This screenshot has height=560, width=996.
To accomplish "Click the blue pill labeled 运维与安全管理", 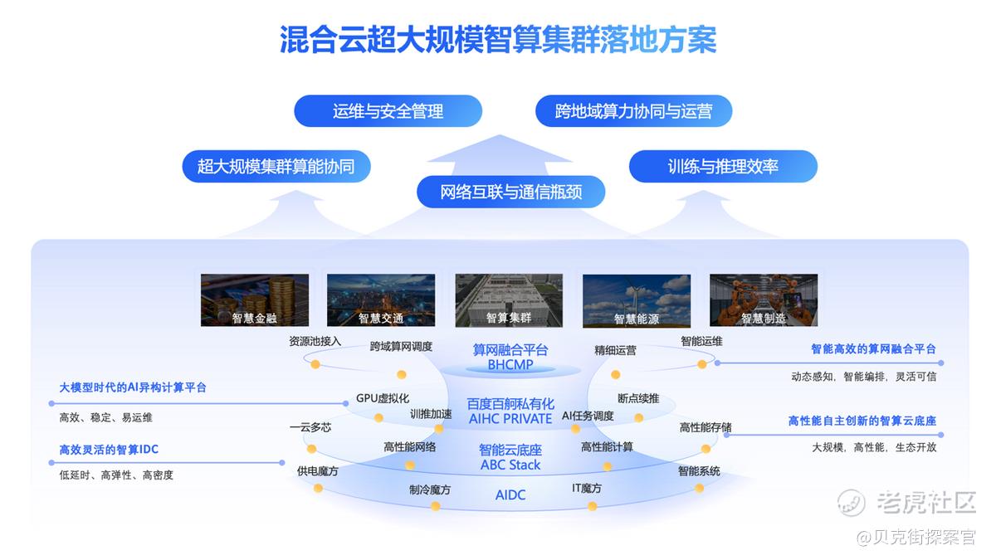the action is [x=388, y=111].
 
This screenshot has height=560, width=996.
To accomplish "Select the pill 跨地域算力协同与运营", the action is [x=633, y=111].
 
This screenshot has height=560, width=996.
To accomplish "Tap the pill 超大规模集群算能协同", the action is [x=276, y=167].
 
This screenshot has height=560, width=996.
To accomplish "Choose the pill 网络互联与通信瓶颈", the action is [x=511, y=192].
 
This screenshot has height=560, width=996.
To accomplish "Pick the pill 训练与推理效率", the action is [x=723, y=167].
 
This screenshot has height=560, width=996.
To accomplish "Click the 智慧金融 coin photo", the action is [x=254, y=300].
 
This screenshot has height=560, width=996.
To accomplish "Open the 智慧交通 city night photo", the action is [x=381, y=300].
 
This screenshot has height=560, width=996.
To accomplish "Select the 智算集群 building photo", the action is [x=509, y=300].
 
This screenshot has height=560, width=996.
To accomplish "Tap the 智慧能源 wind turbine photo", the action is [x=637, y=301].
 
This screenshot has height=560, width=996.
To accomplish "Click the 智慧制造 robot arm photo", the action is [x=764, y=300].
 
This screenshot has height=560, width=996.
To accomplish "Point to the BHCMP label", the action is [x=510, y=365].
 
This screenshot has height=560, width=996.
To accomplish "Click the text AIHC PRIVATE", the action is [x=510, y=419].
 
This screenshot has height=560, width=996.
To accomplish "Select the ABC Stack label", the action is [x=510, y=465].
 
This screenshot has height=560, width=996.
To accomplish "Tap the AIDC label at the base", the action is [x=510, y=495].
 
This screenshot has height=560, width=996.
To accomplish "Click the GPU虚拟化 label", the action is [x=383, y=398].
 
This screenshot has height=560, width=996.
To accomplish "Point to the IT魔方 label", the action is [x=587, y=489].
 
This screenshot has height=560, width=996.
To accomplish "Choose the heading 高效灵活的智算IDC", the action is [x=109, y=450].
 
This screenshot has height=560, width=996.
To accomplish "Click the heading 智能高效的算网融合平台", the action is [x=873, y=349].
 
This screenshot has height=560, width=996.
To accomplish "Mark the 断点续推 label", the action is [x=638, y=399].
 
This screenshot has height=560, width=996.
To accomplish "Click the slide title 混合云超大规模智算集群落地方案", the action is [x=498, y=40].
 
